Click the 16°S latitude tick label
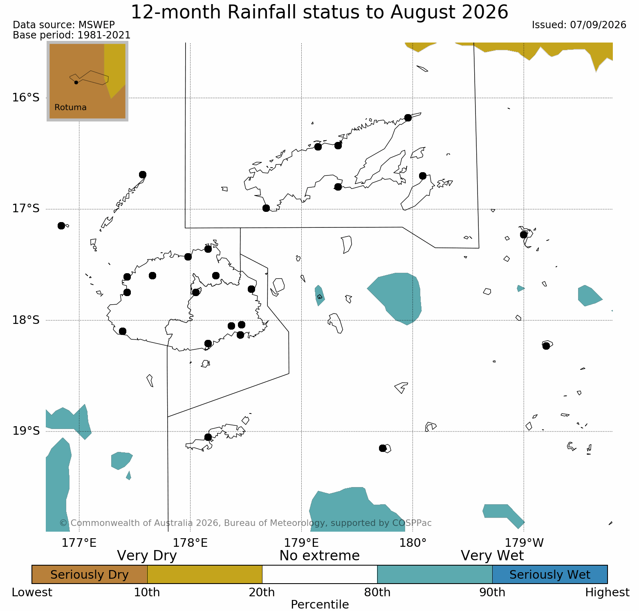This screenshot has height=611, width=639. click(25, 98)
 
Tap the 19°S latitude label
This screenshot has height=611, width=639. click(25, 431)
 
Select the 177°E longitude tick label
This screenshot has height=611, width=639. click(79, 543)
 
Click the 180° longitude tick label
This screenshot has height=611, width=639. click(413, 543)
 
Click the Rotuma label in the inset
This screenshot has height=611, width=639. click(70, 108)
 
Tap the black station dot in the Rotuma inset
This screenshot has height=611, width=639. click(76, 83)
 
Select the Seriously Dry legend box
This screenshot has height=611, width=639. click(90, 575)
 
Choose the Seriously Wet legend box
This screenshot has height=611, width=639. click(550, 575)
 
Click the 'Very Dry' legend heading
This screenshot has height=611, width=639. click(147, 556)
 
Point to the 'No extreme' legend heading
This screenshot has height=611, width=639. click(319, 556)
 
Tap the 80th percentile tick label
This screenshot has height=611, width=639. click(377, 592)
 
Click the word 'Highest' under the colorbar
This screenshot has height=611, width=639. click(607, 592)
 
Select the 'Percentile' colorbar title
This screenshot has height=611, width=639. click(320, 604)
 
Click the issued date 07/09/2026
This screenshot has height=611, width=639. click(598, 25)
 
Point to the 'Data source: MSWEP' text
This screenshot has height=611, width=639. click(64, 25)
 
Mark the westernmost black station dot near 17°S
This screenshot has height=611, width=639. click(61, 226)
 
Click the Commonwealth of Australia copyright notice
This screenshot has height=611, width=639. click(245, 523)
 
